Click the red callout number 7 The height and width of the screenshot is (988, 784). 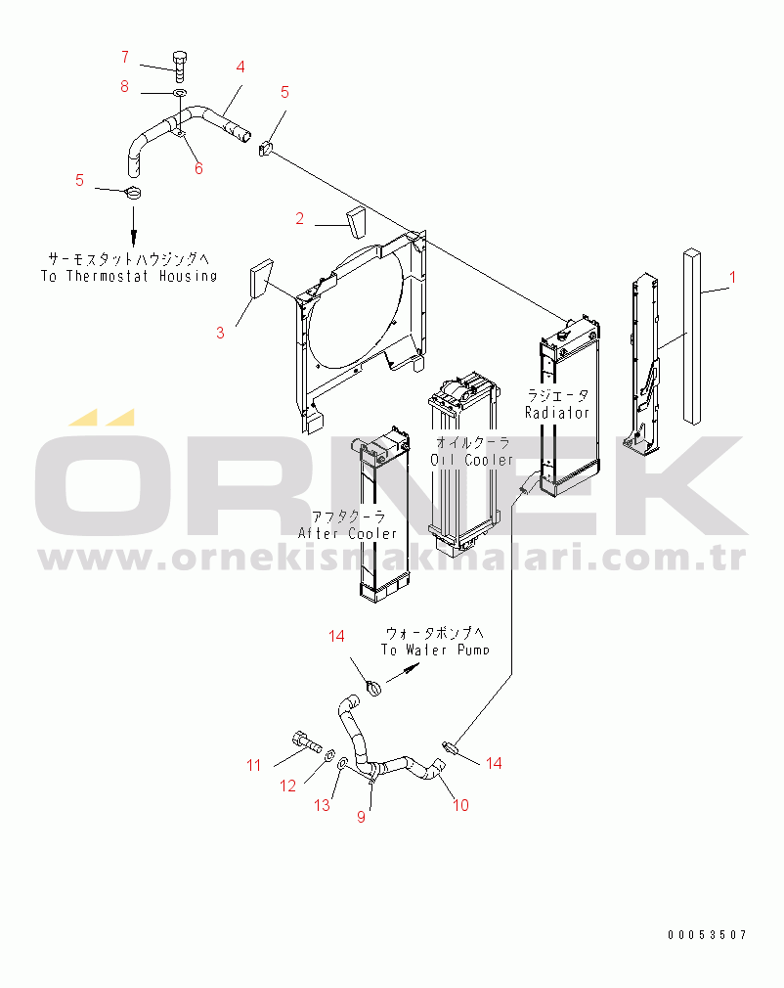125,56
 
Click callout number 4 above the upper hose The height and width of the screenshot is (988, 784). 240,67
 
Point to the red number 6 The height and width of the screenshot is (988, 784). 198,168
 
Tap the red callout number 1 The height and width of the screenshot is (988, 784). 732,278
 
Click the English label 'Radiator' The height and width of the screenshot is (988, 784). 557,413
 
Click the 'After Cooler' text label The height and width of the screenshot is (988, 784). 348,533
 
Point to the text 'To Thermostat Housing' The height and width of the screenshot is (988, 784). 129,276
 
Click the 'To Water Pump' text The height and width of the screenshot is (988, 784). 435,650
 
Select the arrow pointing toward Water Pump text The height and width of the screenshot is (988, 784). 403,674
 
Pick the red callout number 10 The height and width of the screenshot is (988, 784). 460,805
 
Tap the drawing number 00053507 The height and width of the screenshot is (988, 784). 708,935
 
